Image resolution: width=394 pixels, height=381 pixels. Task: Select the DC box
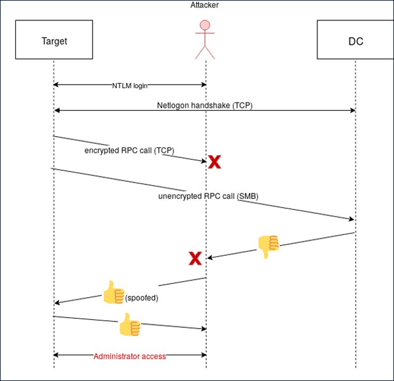355,41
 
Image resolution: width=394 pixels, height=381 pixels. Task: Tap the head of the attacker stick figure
206,25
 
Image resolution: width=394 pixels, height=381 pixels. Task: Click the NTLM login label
130,85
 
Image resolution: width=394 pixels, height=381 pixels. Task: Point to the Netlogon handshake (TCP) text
204,105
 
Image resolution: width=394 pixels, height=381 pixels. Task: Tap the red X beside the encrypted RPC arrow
214,162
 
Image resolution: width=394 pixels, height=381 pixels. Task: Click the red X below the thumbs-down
195,258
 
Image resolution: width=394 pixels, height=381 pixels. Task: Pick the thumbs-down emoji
268,246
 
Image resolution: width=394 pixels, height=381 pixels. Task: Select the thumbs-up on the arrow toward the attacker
130,324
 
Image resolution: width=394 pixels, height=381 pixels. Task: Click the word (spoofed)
142,298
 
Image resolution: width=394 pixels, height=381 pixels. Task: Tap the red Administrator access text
130,356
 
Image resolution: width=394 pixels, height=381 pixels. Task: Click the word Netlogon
172,105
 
